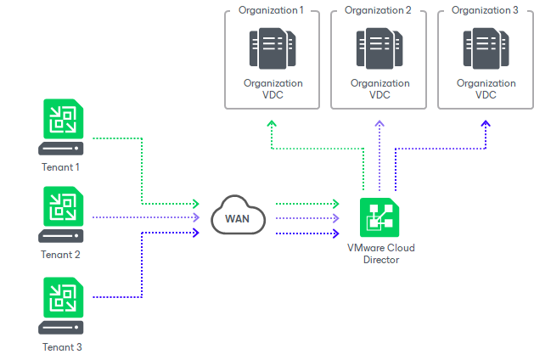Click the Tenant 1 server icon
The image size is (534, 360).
pyautogui.click(x=60, y=127)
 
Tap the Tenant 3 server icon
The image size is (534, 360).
pyautogui.click(x=60, y=308)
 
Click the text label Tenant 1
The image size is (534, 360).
pyautogui.click(x=60, y=166)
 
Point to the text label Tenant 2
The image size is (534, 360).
pyautogui.click(x=60, y=255)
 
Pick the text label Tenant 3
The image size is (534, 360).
pyautogui.click(x=60, y=346)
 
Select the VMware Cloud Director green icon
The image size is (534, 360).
pyautogui.click(x=379, y=218)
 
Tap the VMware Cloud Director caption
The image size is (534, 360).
pyautogui.click(x=379, y=254)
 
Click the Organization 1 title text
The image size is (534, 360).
pyautogui.click(x=272, y=10)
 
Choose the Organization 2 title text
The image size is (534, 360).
pyautogui.click(x=379, y=10)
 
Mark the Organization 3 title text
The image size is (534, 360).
pyautogui.click(x=486, y=10)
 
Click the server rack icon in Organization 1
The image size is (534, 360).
pyautogui.click(x=272, y=48)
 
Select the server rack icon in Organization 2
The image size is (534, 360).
pyautogui.click(x=379, y=48)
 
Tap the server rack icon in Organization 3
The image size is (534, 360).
pyautogui.click(x=486, y=48)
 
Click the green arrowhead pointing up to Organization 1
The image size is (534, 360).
pyautogui.click(x=272, y=124)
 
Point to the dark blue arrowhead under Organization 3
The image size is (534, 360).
pyautogui.click(x=486, y=124)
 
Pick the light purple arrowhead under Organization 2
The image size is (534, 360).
pyautogui.click(x=379, y=124)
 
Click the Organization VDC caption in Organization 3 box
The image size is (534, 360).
pyautogui.click(x=486, y=89)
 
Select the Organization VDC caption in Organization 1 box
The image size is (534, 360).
pyautogui.click(x=272, y=89)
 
